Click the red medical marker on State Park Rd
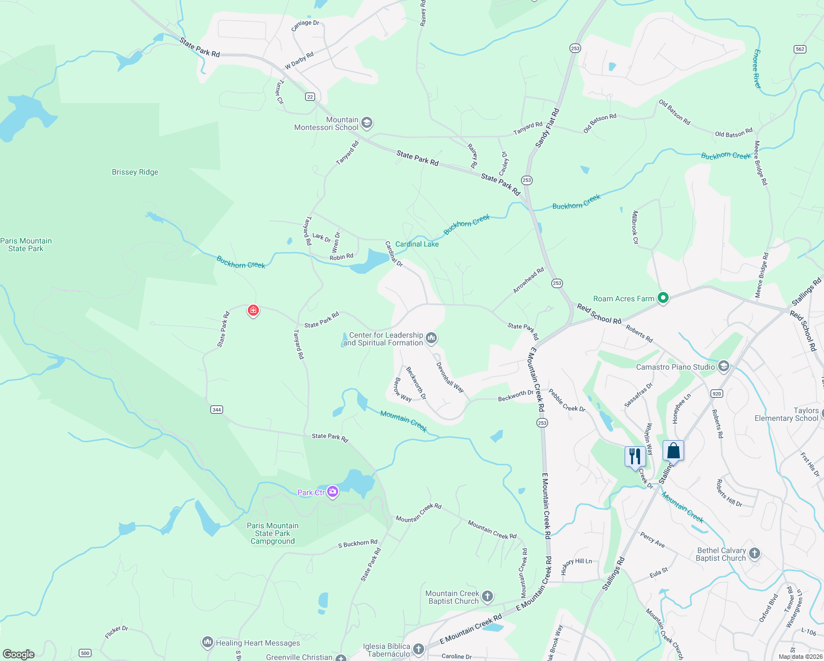[x=253, y=311]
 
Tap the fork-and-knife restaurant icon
[x=635, y=456]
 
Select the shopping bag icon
[x=673, y=451]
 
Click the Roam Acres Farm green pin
[x=663, y=298]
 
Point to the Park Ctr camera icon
[x=333, y=492]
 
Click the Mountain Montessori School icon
[x=367, y=123]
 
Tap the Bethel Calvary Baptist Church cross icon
[x=755, y=553]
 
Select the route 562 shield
[x=800, y=49]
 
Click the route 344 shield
[x=216, y=409]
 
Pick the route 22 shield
[x=310, y=97]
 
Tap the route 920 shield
[x=717, y=393]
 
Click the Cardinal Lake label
[x=417, y=244]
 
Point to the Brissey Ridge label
[x=135, y=172]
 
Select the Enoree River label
[x=757, y=69]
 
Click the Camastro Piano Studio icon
[x=724, y=366]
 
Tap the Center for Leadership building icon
[x=431, y=338]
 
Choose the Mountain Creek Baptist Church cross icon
[x=487, y=596]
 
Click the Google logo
[x=19, y=654]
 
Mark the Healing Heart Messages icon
[x=207, y=642]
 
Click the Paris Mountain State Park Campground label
[x=273, y=533]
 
